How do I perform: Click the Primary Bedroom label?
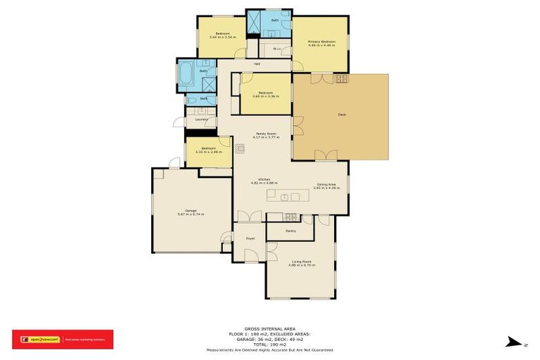click(321, 42)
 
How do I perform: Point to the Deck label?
click(342, 114)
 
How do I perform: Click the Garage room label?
click(191, 210)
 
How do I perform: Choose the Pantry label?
click(290, 231)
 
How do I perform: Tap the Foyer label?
click(250, 239)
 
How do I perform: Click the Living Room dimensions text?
click(301, 266)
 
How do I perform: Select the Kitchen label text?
click(265, 179)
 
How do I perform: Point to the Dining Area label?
click(326, 184)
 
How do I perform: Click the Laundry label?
click(201, 120)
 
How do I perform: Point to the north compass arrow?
click(515, 342)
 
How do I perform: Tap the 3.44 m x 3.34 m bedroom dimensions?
click(222, 37)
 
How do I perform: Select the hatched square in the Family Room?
click(240, 148)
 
